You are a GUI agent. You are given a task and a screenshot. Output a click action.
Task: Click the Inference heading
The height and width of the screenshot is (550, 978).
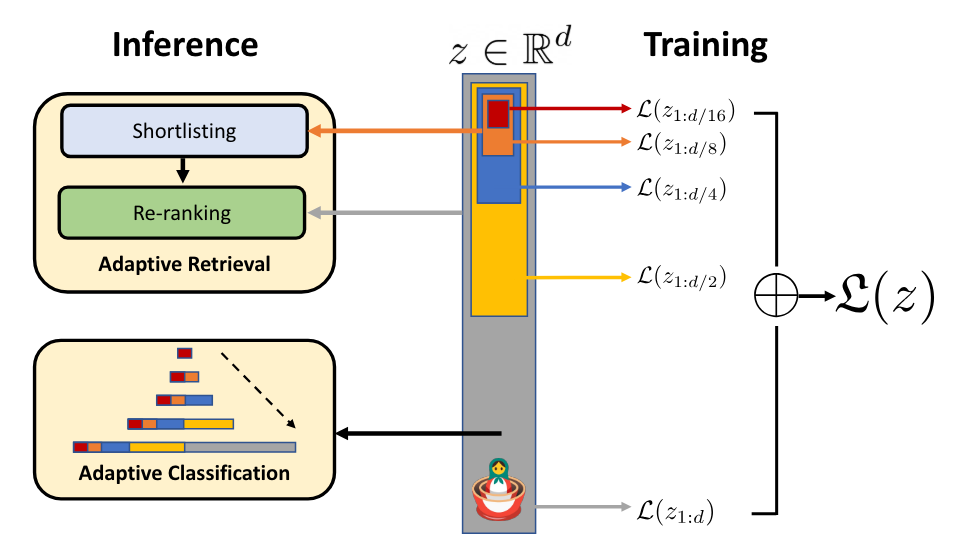(x=185, y=45)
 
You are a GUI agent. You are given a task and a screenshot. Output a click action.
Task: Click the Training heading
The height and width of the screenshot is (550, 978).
(x=705, y=45)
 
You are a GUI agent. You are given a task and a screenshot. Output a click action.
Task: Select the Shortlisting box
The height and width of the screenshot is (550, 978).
(x=183, y=132)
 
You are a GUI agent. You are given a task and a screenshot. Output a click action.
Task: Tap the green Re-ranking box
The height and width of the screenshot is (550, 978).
(x=181, y=213)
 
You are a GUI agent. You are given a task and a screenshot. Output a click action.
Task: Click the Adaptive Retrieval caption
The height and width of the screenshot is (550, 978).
(x=184, y=265)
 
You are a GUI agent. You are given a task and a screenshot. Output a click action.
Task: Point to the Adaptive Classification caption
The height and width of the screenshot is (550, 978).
(x=184, y=473)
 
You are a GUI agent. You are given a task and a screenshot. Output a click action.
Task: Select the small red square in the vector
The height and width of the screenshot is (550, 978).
(x=498, y=114)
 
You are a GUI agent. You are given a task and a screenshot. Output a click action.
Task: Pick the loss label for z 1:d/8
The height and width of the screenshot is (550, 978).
(x=680, y=144)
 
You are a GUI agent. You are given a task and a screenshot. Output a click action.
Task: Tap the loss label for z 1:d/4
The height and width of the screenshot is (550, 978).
(x=680, y=187)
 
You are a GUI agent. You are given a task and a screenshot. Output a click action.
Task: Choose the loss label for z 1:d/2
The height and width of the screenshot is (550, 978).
(x=680, y=277)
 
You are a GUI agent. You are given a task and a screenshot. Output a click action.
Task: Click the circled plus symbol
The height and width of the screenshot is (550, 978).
(x=777, y=297)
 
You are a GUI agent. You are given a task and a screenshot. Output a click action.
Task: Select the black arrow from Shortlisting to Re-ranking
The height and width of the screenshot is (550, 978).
(x=182, y=171)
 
